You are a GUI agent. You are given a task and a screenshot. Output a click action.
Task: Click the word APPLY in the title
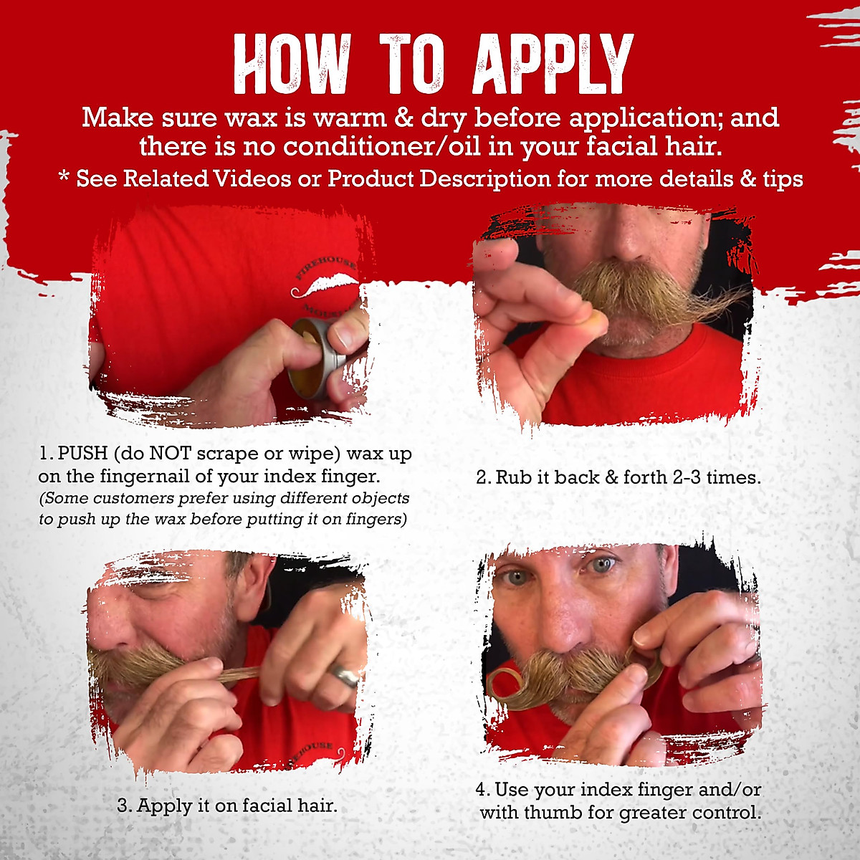[553, 64]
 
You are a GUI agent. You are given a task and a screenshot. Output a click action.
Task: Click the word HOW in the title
[292, 64]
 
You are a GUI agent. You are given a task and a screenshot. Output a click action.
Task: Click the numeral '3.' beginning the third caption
[125, 806]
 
